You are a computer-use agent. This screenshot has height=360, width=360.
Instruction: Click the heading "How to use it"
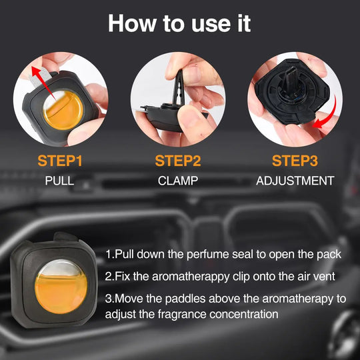point(179,23)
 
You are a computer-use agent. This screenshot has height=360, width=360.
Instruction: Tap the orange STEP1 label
point(60,161)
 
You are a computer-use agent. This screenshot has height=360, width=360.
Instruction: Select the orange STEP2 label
point(178,161)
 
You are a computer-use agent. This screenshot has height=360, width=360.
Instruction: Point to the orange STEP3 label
point(295,161)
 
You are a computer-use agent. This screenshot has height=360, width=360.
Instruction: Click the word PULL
point(59,181)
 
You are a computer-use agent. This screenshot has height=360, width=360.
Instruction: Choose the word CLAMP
point(178,181)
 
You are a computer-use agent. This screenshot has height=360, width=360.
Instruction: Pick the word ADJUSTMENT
point(295,181)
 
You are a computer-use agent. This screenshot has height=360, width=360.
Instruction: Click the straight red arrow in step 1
point(43,83)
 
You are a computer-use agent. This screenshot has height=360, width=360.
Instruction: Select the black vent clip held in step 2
point(179,89)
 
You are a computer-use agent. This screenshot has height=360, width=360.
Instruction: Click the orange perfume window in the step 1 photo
point(63,110)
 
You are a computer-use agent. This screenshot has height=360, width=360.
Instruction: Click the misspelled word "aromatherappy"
point(191,277)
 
